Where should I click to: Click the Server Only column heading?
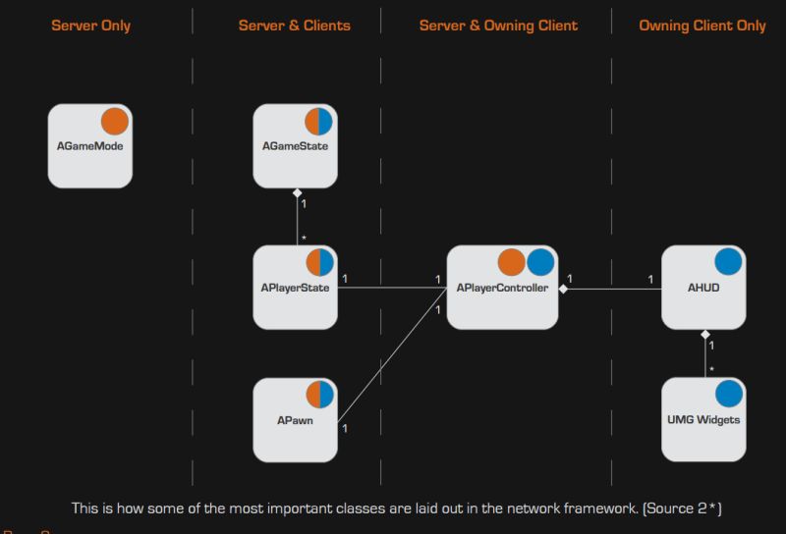(x=90, y=26)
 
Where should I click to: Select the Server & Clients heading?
(x=294, y=26)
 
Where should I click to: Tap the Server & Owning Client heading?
(x=498, y=26)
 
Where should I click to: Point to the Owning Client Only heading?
(x=702, y=26)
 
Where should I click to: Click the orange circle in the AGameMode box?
(x=115, y=122)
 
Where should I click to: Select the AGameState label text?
(x=295, y=146)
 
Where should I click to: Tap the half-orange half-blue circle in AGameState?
(x=319, y=122)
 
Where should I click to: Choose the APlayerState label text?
(x=295, y=288)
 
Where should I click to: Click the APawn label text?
(x=295, y=420)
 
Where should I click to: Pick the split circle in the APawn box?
(x=319, y=396)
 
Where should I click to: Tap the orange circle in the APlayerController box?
(x=511, y=262)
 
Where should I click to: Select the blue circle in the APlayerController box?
(x=539, y=262)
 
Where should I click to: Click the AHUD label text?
(x=703, y=288)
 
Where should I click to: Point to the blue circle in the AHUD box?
(x=728, y=262)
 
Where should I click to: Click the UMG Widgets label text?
(x=703, y=420)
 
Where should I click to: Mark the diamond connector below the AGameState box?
(x=297, y=193)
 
